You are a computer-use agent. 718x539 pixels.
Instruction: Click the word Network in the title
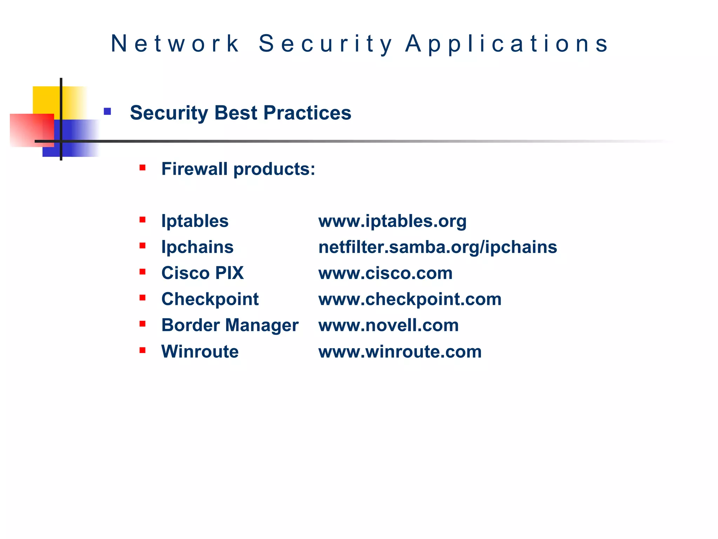(x=175, y=44)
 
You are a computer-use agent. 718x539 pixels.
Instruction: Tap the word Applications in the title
(x=507, y=44)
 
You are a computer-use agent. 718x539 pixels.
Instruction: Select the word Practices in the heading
(x=307, y=113)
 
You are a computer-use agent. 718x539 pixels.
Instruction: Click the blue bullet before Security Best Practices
(x=107, y=112)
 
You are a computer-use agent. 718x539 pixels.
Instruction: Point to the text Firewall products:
(x=238, y=169)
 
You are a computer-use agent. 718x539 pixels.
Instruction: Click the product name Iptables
(x=195, y=221)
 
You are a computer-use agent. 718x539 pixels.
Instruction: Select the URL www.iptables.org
(x=392, y=221)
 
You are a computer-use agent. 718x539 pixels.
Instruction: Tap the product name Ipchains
(x=197, y=247)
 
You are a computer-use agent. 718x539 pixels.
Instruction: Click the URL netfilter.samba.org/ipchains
(x=438, y=247)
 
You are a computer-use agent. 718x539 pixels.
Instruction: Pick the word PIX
(x=229, y=273)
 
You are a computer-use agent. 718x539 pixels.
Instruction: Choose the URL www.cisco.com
(x=385, y=273)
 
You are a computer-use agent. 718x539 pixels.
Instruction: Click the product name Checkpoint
(x=210, y=299)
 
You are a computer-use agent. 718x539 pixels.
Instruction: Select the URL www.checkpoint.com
(x=410, y=299)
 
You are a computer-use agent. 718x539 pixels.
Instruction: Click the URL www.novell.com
(x=388, y=325)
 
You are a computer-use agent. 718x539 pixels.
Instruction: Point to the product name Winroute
(x=200, y=352)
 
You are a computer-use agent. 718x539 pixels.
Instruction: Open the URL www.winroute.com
(x=400, y=352)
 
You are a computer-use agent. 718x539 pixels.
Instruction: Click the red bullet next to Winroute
(x=142, y=350)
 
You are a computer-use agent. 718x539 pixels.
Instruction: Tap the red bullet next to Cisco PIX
(x=142, y=272)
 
